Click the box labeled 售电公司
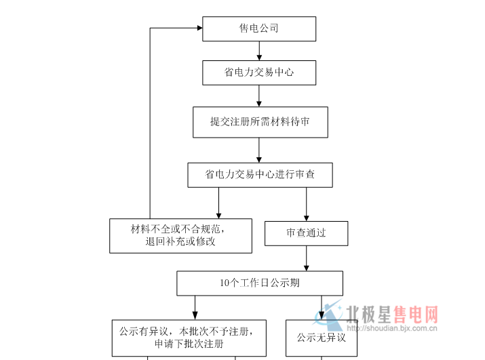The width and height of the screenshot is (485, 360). (x=259, y=28)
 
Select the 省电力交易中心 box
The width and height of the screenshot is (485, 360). (x=259, y=73)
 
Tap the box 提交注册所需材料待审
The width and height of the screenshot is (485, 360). (x=260, y=122)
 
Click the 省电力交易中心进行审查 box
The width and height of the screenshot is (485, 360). (x=260, y=174)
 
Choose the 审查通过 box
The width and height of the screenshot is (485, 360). (x=306, y=233)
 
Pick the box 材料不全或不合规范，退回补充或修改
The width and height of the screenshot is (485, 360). (x=180, y=235)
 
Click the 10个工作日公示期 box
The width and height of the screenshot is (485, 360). (x=260, y=283)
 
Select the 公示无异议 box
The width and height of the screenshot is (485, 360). (x=322, y=337)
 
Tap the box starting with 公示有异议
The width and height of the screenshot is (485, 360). (x=189, y=337)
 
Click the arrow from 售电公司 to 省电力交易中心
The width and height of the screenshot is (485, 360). (x=259, y=51)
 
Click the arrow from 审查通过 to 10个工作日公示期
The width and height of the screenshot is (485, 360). (x=307, y=258)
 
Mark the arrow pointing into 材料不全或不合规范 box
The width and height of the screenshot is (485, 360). (x=218, y=203)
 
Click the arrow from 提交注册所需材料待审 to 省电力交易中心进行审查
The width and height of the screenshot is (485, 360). (x=259, y=149)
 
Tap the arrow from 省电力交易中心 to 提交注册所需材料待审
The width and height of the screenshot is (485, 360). (x=259, y=96)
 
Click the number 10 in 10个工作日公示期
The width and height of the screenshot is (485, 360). (x=225, y=283)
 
